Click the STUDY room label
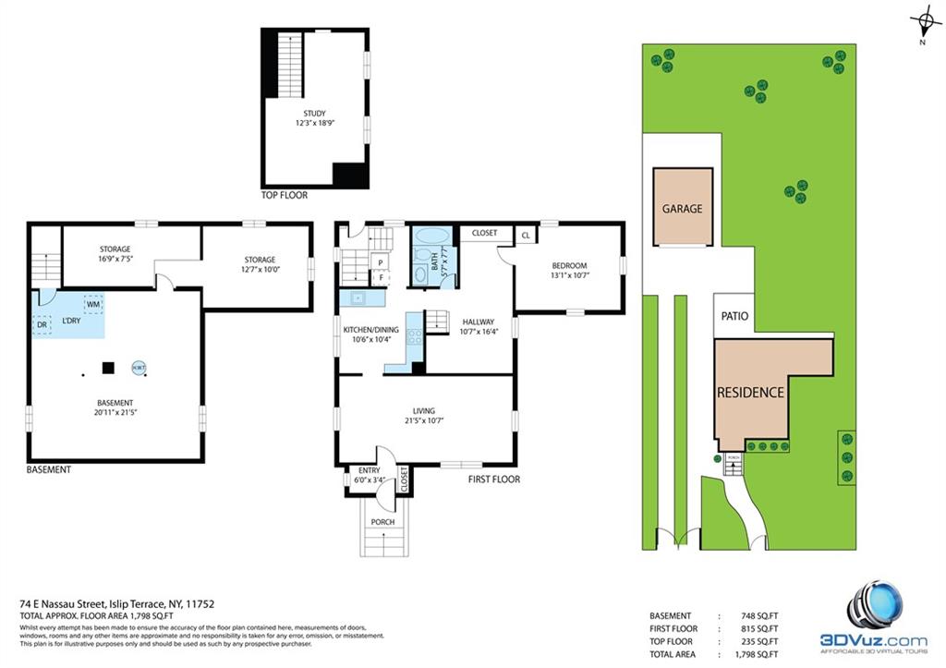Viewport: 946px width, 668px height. (314, 113)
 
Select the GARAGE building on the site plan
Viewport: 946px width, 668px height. (682, 208)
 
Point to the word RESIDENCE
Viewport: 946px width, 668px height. (750, 392)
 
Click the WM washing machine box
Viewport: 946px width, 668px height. (92, 303)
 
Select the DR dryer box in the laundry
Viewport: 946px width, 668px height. (42, 324)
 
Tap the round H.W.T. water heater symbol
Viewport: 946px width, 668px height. (139, 368)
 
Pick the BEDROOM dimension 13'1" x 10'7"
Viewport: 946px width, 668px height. (569, 274)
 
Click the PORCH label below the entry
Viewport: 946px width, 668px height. (382, 522)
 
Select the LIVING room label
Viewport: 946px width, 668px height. (424, 411)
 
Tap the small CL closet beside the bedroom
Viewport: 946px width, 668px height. (525, 236)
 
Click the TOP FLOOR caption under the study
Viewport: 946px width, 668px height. (284, 196)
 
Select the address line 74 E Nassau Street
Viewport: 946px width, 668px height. (117, 603)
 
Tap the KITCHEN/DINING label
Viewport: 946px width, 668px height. (371, 330)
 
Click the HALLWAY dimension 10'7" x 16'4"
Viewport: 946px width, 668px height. (479, 333)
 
